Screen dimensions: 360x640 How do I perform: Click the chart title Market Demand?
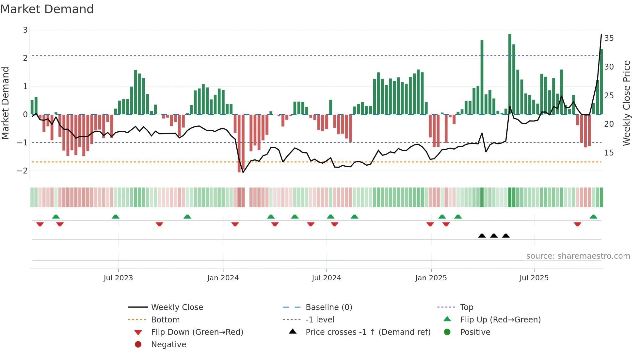(x=47, y=9)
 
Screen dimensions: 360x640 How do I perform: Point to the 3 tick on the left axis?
(x=25, y=30)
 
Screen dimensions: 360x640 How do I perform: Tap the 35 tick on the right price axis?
(x=609, y=38)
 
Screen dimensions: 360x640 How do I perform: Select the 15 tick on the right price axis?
(x=609, y=153)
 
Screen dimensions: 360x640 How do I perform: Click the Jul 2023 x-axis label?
(x=118, y=278)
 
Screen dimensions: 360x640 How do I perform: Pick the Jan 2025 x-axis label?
(x=431, y=278)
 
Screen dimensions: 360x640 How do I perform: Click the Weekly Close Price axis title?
(x=626, y=103)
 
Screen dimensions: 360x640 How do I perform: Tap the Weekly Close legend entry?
(x=177, y=307)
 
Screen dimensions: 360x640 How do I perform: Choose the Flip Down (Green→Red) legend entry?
(x=197, y=332)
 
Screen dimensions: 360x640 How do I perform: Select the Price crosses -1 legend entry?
(x=368, y=332)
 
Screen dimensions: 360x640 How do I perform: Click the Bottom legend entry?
(x=165, y=320)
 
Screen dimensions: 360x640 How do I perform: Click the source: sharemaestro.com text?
(x=578, y=256)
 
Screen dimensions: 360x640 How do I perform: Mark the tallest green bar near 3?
(x=510, y=74)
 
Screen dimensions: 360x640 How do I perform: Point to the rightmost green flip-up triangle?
(x=593, y=217)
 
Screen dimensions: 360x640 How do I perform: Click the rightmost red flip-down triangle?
(x=577, y=224)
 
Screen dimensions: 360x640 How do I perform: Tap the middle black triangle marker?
(x=494, y=236)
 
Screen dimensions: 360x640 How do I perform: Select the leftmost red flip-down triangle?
(x=40, y=224)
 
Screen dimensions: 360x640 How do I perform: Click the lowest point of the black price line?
(x=243, y=172)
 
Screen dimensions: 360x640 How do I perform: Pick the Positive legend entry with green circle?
(x=475, y=332)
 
